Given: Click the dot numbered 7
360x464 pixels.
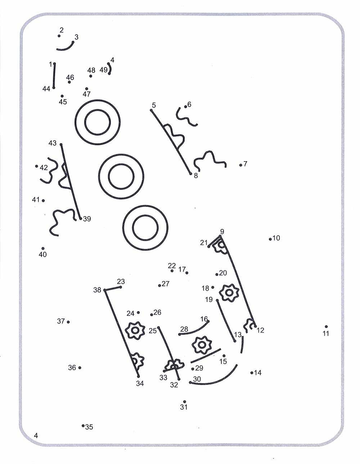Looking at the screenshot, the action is [x=240, y=165].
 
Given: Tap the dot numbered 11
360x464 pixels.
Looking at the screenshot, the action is [x=326, y=327].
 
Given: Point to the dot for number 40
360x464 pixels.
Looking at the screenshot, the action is [x=43, y=248].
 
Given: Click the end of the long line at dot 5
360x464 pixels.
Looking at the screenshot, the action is [x=151, y=110].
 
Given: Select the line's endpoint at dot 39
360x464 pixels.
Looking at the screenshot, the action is [x=80, y=218].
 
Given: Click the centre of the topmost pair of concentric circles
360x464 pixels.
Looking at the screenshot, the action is [x=98, y=122].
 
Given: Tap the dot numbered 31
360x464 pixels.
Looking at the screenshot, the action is [x=184, y=402].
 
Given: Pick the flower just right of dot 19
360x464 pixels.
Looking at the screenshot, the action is [x=229, y=292].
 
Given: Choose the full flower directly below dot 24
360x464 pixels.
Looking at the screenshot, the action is [x=135, y=330].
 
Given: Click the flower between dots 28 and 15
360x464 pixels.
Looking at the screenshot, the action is [x=202, y=345].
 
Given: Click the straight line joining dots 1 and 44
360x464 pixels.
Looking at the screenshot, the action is [x=54, y=76].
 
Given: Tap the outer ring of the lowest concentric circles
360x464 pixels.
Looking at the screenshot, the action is [x=145, y=228].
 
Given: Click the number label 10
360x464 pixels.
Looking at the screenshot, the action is [x=276, y=238].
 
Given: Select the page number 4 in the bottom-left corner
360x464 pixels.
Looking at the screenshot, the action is [x=36, y=435].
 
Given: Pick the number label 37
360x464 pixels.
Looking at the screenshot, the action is [x=61, y=321].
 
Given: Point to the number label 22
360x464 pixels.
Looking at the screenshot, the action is [x=172, y=265].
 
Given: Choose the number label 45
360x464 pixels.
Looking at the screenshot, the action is [x=63, y=102].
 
